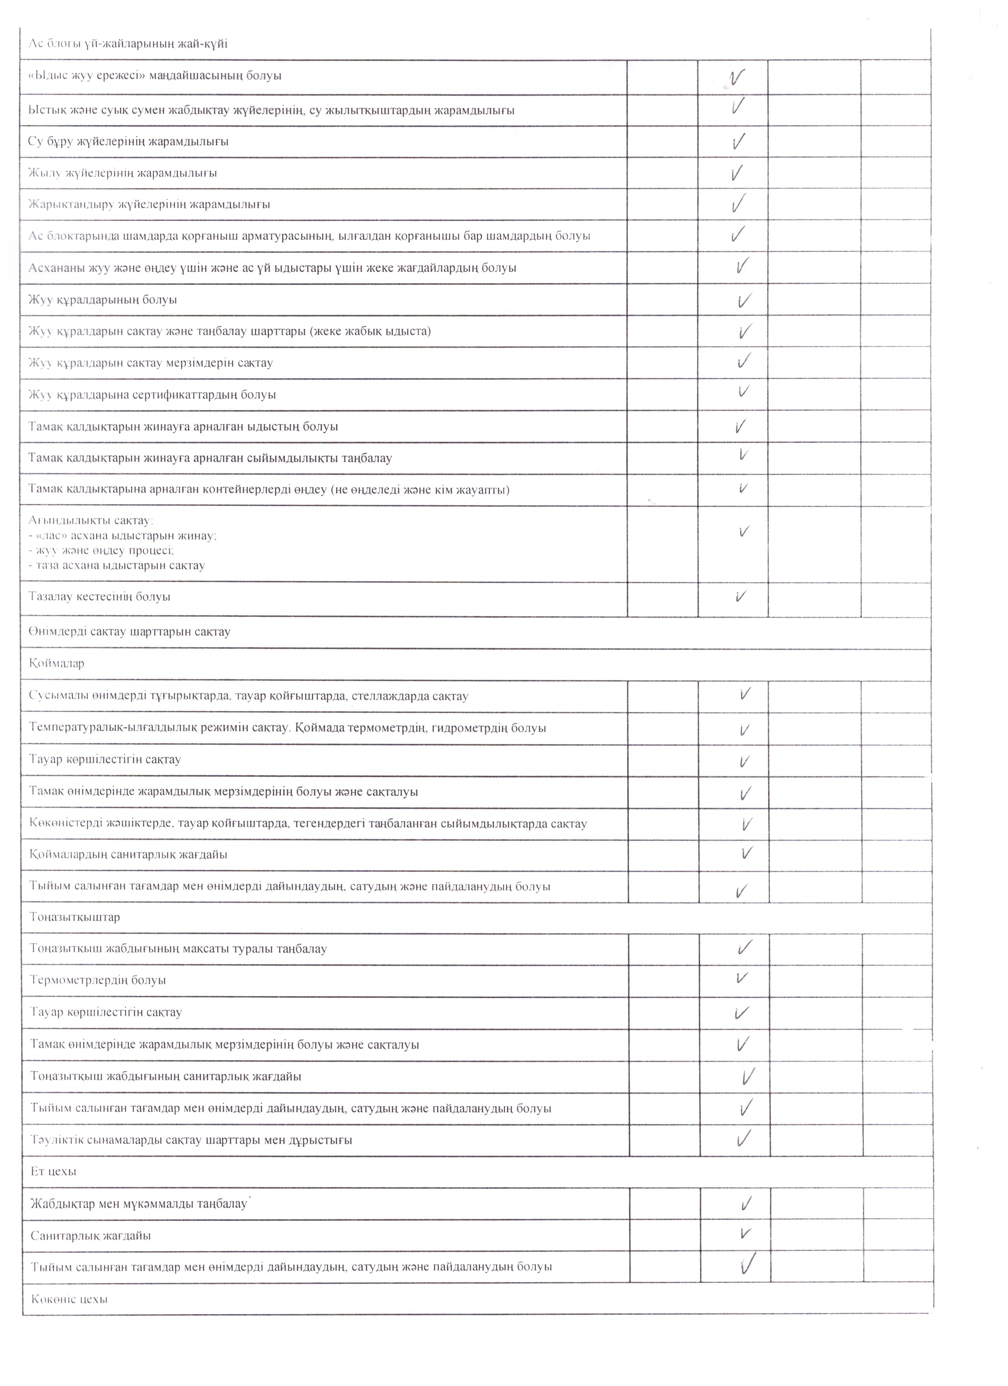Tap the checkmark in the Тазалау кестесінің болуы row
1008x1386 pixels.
coord(741,596)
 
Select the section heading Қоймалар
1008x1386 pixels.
coord(56,663)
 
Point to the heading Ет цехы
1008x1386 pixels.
coord(53,1172)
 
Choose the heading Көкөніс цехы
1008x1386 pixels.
coord(69,1299)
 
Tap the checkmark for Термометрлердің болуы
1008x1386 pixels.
coord(741,978)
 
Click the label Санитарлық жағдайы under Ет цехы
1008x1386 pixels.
coord(90,1236)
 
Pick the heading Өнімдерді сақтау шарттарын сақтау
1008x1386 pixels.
coord(130,631)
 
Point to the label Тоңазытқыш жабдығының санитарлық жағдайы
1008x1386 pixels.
coord(165,1076)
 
